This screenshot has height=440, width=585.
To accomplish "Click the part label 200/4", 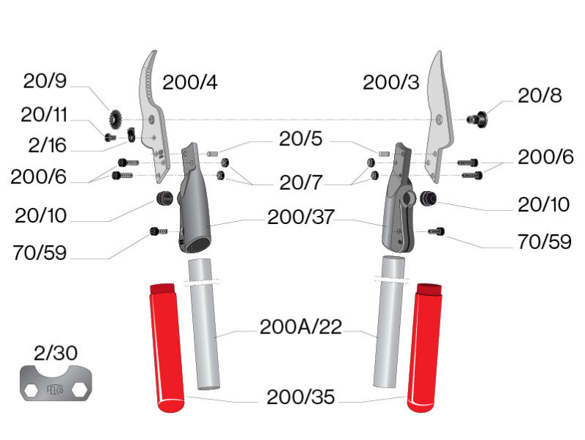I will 190,82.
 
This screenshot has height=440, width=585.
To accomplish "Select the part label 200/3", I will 391,82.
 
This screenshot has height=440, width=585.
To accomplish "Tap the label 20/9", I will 45,82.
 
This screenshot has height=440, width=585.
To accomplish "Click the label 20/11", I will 44,115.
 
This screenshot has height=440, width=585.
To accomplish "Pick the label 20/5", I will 302,139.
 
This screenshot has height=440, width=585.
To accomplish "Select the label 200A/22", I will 301,327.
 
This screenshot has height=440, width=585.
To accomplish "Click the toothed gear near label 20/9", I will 117,118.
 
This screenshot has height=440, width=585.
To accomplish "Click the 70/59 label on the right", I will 544,242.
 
